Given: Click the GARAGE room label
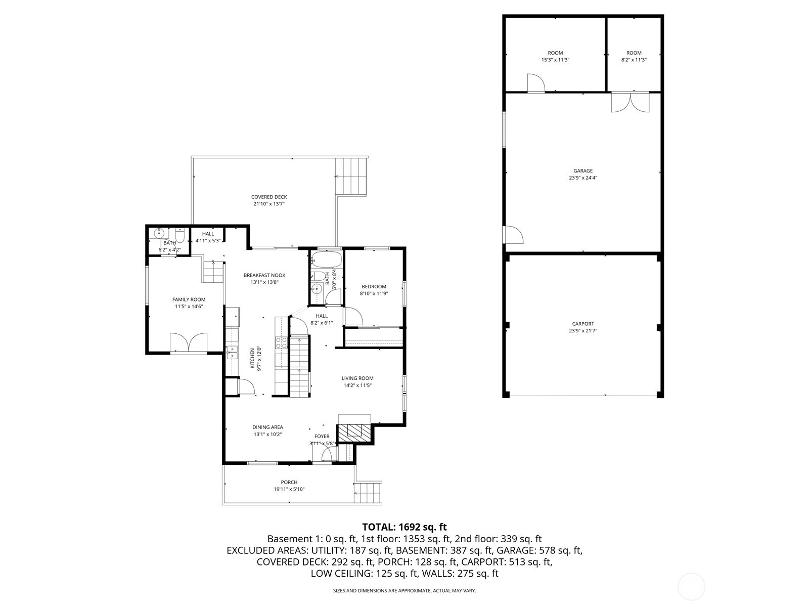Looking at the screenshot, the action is pyautogui.click(x=582, y=170).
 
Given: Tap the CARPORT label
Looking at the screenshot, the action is pyautogui.click(x=582, y=324).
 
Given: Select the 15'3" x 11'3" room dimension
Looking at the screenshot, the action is pyautogui.click(x=555, y=60).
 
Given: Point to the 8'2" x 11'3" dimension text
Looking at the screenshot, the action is pyautogui.click(x=634, y=60).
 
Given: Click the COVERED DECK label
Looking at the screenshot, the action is pyautogui.click(x=269, y=197).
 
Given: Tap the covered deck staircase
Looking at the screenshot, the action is pyautogui.click(x=351, y=177).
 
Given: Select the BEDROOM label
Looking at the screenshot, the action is pyautogui.click(x=374, y=286).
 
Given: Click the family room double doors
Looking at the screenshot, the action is pyautogui.click(x=189, y=342).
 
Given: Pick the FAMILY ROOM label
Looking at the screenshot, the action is pyautogui.click(x=189, y=299).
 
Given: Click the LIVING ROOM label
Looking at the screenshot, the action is pyautogui.click(x=357, y=378).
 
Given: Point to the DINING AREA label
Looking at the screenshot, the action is pyautogui.click(x=267, y=427).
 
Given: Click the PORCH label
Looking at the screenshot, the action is pyautogui.click(x=289, y=482).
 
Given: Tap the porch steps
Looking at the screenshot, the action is pyautogui.click(x=368, y=492).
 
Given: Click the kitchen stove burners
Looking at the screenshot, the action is pyautogui.click(x=281, y=343).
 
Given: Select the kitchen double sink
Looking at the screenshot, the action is pyautogui.click(x=232, y=352).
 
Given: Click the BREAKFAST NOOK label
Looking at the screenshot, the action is pyautogui.click(x=264, y=275).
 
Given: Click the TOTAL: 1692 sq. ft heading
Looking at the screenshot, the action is pyautogui.click(x=404, y=527).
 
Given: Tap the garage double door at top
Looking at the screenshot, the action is pyautogui.click(x=630, y=103).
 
